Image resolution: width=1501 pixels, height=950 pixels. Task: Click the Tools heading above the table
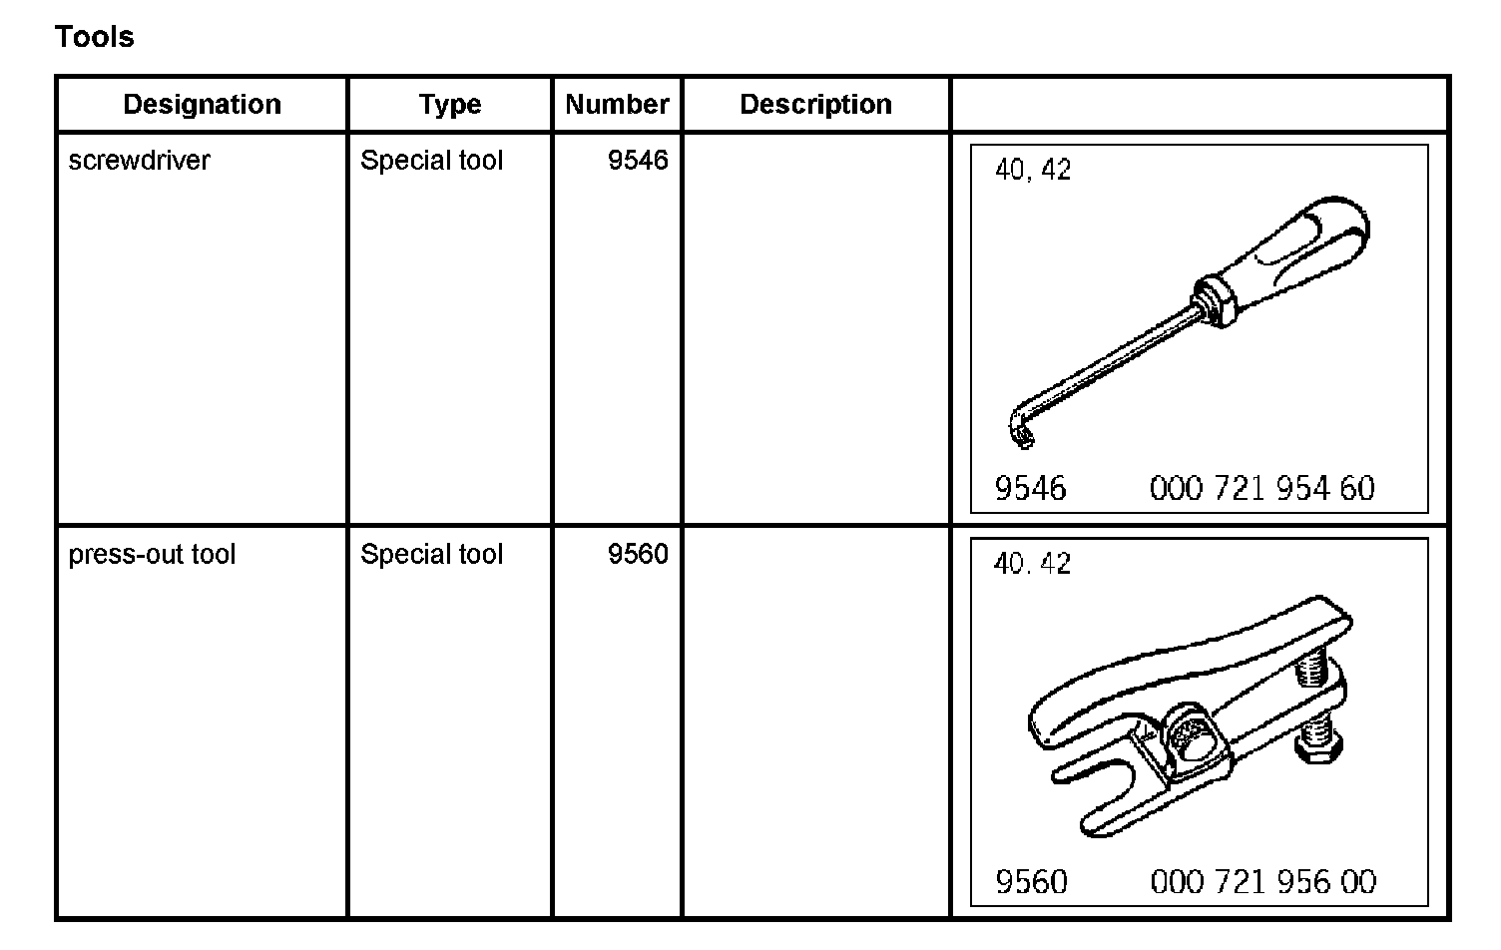(x=94, y=37)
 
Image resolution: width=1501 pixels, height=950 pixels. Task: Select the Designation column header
(x=202, y=105)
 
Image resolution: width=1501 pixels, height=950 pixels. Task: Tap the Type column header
(x=450, y=105)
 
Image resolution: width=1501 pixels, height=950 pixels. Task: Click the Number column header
(x=617, y=105)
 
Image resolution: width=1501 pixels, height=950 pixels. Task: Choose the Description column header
(x=815, y=105)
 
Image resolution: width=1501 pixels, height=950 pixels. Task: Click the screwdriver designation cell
(x=139, y=161)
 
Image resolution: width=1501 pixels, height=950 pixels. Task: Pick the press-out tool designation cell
(x=152, y=555)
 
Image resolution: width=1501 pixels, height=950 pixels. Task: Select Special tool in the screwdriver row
(x=431, y=161)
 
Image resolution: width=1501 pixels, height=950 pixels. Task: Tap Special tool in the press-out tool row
(x=431, y=555)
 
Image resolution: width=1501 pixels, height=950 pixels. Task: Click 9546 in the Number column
(x=638, y=161)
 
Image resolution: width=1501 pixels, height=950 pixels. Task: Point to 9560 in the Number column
(x=638, y=555)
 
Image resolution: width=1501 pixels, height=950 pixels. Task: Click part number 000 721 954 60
(x=1261, y=489)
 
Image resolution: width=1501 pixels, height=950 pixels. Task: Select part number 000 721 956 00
(x=1262, y=882)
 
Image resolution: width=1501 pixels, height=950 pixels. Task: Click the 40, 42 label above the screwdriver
(x=1032, y=171)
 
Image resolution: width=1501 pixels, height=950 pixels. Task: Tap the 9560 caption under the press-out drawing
(x=1031, y=882)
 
